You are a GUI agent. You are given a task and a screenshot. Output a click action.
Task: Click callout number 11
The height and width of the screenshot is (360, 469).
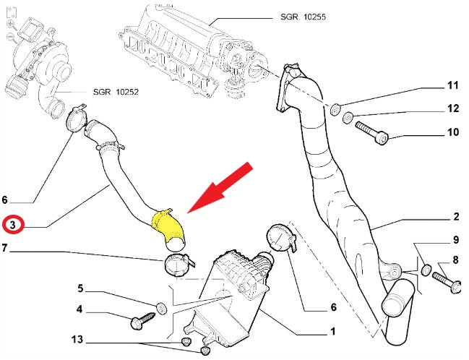[452, 85]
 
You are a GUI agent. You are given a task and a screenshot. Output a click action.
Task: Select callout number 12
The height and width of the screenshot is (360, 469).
[452, 109]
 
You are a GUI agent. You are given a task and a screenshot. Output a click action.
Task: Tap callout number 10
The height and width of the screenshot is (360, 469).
[452, 132]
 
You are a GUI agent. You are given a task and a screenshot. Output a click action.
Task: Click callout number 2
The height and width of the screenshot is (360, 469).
[456, 216]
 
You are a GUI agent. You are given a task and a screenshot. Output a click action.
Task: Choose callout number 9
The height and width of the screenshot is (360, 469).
[456, 239]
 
